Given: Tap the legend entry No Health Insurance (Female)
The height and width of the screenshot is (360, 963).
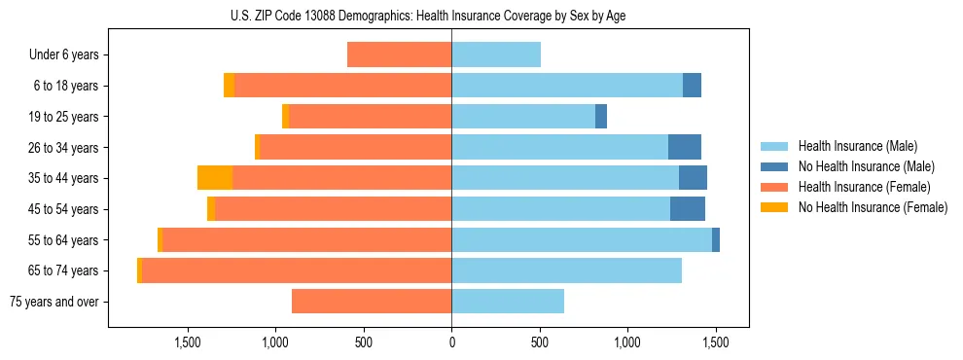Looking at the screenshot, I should tap(872, 207).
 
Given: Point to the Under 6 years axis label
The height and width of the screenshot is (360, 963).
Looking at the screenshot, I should tap(64, 55).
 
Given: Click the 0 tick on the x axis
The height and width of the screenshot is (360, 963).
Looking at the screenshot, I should tap(451, 342).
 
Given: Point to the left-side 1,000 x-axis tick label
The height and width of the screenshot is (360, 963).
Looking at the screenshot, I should tap(275, 342).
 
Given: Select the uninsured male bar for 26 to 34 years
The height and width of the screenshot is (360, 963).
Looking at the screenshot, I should tap(685, 147).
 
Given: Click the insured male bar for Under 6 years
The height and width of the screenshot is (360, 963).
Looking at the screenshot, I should tap(496, 54).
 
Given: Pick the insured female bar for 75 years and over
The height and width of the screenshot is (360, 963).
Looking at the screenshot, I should tap(372, 302).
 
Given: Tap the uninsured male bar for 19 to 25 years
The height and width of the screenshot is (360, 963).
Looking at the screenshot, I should tap(601, 116).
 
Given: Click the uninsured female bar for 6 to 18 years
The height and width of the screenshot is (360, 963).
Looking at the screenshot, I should tap(230, 86).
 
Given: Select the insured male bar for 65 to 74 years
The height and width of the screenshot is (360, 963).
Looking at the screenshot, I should tap(566, 270).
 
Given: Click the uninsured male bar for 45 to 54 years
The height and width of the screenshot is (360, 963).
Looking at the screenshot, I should tap(688, 208).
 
